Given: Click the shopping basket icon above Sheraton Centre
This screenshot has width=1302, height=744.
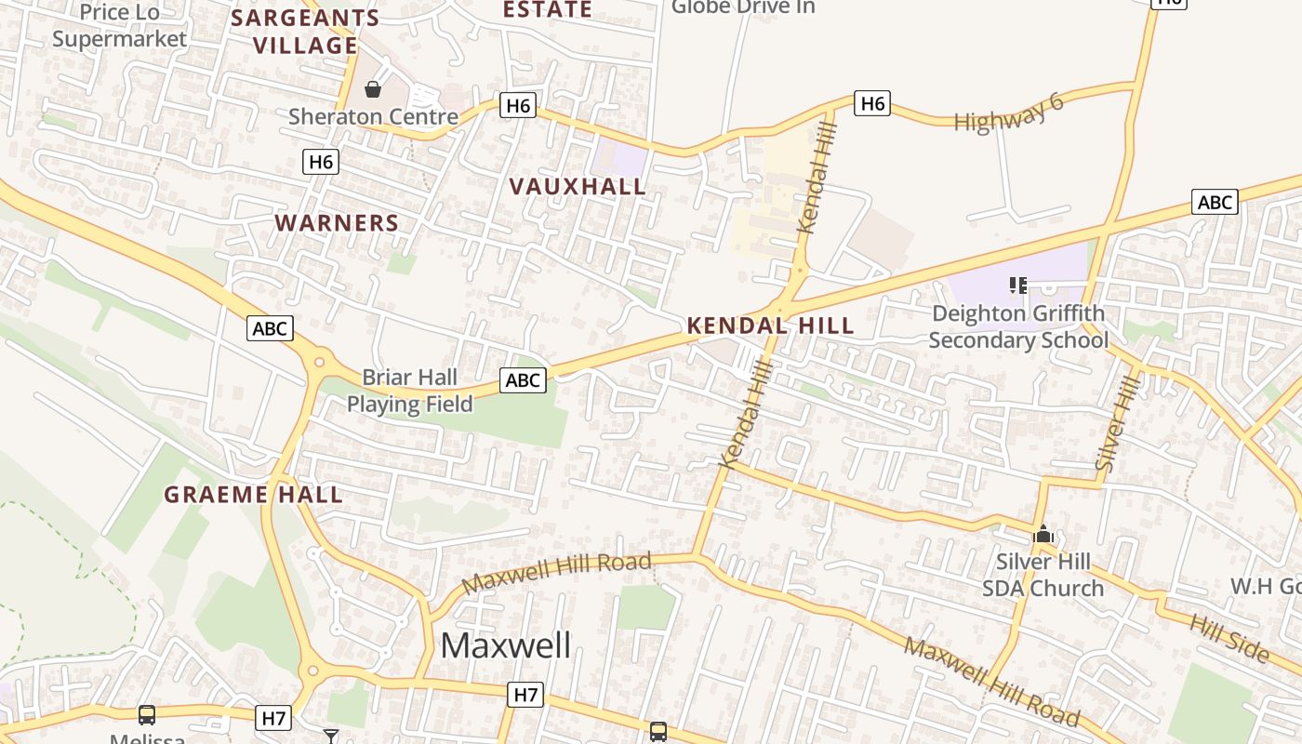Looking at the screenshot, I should [x=373, y=89].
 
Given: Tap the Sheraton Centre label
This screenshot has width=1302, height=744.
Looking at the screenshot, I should [x=373, y=117].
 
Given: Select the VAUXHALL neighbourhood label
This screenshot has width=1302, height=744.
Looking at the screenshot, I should [x=578, y=187].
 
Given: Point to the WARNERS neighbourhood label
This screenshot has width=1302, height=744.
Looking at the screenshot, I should [x=337, y=223].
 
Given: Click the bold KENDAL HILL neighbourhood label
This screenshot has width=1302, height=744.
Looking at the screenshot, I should [x=770, y=325].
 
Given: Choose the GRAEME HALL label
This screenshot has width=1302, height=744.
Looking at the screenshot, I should [x=254, y=495].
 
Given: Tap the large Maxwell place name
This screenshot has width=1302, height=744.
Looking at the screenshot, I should [x=506, y=644].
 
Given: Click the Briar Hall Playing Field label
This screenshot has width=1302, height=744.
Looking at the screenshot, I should [x=410, y=391].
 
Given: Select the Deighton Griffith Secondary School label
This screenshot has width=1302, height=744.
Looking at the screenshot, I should [x=1018, y=326].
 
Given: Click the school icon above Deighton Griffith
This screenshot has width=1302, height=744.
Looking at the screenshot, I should [x=1018, y=286].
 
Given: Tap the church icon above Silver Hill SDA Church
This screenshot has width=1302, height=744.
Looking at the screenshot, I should [x=1043, y=535].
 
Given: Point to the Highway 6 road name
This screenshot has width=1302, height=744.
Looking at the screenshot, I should [x=1009, y=113].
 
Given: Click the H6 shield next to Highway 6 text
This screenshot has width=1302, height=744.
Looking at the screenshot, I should [x=872, y=103].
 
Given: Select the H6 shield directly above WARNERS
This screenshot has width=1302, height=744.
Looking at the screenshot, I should [x=320, y=162].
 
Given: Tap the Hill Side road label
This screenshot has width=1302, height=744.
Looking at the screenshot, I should [x=1229, y=639].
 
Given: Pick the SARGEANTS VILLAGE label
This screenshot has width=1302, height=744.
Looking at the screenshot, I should [x=305, y=32].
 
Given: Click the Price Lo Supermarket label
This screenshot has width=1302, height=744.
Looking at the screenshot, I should [x=119, y=25].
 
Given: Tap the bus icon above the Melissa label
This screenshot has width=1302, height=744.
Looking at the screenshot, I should [x=147, y=714].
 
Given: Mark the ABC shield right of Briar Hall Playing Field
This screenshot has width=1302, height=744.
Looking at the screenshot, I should [x=523, y=379].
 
